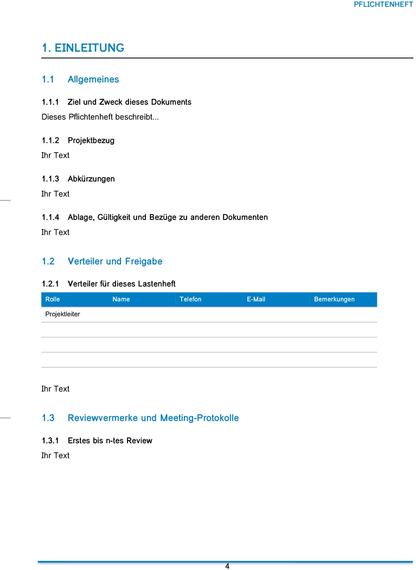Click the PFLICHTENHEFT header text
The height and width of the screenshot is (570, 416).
(383, 4)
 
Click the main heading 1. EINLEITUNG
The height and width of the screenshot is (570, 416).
(83, 48)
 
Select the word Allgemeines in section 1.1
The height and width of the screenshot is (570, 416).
(93, 79)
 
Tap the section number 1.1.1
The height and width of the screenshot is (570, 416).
(50, 102)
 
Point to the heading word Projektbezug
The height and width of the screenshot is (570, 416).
(91, 141)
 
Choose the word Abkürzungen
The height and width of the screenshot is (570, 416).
(91, 179)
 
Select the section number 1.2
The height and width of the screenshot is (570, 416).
(48, 261)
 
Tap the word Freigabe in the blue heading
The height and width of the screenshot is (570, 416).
(144, 261)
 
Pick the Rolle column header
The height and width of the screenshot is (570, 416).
(53, 299)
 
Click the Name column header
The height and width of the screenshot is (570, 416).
(121, 299)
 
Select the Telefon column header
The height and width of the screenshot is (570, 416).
(190, 299)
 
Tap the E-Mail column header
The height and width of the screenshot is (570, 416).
(256, 299)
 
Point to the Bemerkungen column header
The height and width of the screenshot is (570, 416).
(334, 299)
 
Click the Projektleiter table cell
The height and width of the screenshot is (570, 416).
(62, 314)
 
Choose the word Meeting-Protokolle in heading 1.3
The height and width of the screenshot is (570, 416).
(200, 418)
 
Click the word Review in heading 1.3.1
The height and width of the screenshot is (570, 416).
(139, 441)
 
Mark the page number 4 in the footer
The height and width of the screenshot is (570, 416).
(227, 566)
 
